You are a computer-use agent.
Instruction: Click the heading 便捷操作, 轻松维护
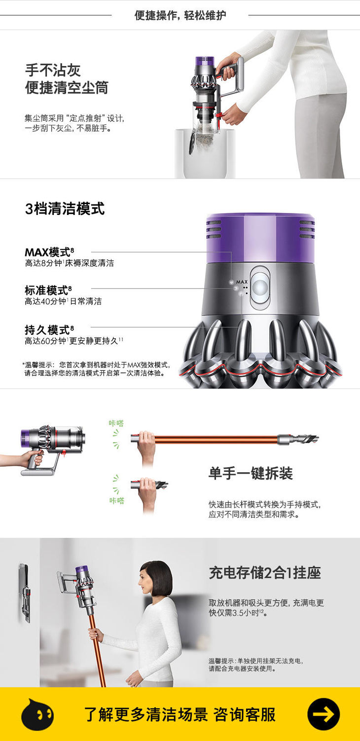180,15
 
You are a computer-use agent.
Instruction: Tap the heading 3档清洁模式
65,209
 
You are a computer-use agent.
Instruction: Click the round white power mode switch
260,287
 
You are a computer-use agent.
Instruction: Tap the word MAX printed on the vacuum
242,282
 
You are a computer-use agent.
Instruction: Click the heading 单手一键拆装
251,473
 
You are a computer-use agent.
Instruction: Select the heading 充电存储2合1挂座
265,573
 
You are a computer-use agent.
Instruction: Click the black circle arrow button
324,714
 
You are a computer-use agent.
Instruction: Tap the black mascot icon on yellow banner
37,714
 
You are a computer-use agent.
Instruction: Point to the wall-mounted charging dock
25,593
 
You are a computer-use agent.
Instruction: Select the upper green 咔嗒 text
116,423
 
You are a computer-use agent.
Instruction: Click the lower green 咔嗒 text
117,500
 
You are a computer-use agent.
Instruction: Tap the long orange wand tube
216,439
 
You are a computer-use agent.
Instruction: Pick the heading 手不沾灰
53,70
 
